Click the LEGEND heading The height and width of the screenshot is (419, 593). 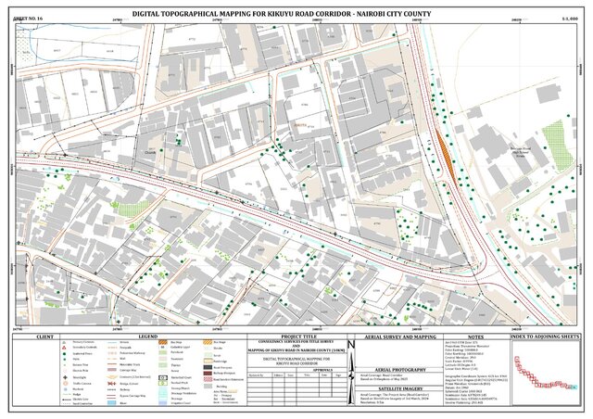point(133,336)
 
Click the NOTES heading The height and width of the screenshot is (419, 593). point(478,336)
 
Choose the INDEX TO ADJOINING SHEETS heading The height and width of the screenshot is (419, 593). point(549,336)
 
